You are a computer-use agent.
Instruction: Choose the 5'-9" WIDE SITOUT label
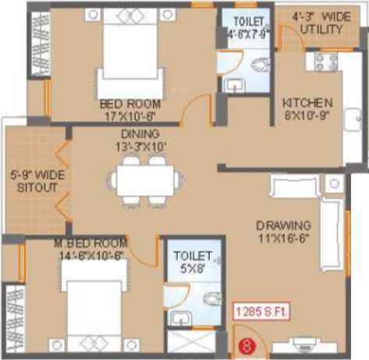click(x=30, y=183)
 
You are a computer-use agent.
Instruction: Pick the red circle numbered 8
click(x=249, y=342)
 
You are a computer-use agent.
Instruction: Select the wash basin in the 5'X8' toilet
click(x=181, y=319)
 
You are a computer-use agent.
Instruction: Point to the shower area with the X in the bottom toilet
click(x=190, y=344)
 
